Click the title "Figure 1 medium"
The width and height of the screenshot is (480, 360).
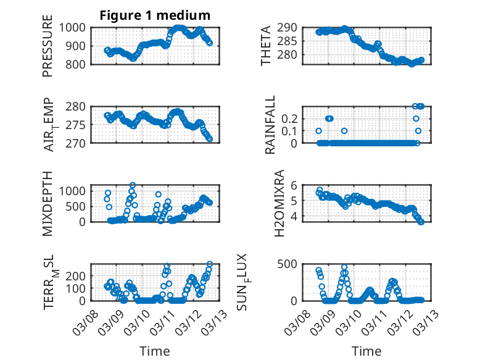(155, 15)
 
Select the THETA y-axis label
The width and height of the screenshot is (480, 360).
(266, 45)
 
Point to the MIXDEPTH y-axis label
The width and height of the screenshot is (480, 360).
(48, 203)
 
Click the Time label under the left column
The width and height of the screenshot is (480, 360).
(154, 351)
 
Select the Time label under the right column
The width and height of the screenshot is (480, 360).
(366, 351)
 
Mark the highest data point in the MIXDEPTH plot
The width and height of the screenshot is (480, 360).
(133, 185)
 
